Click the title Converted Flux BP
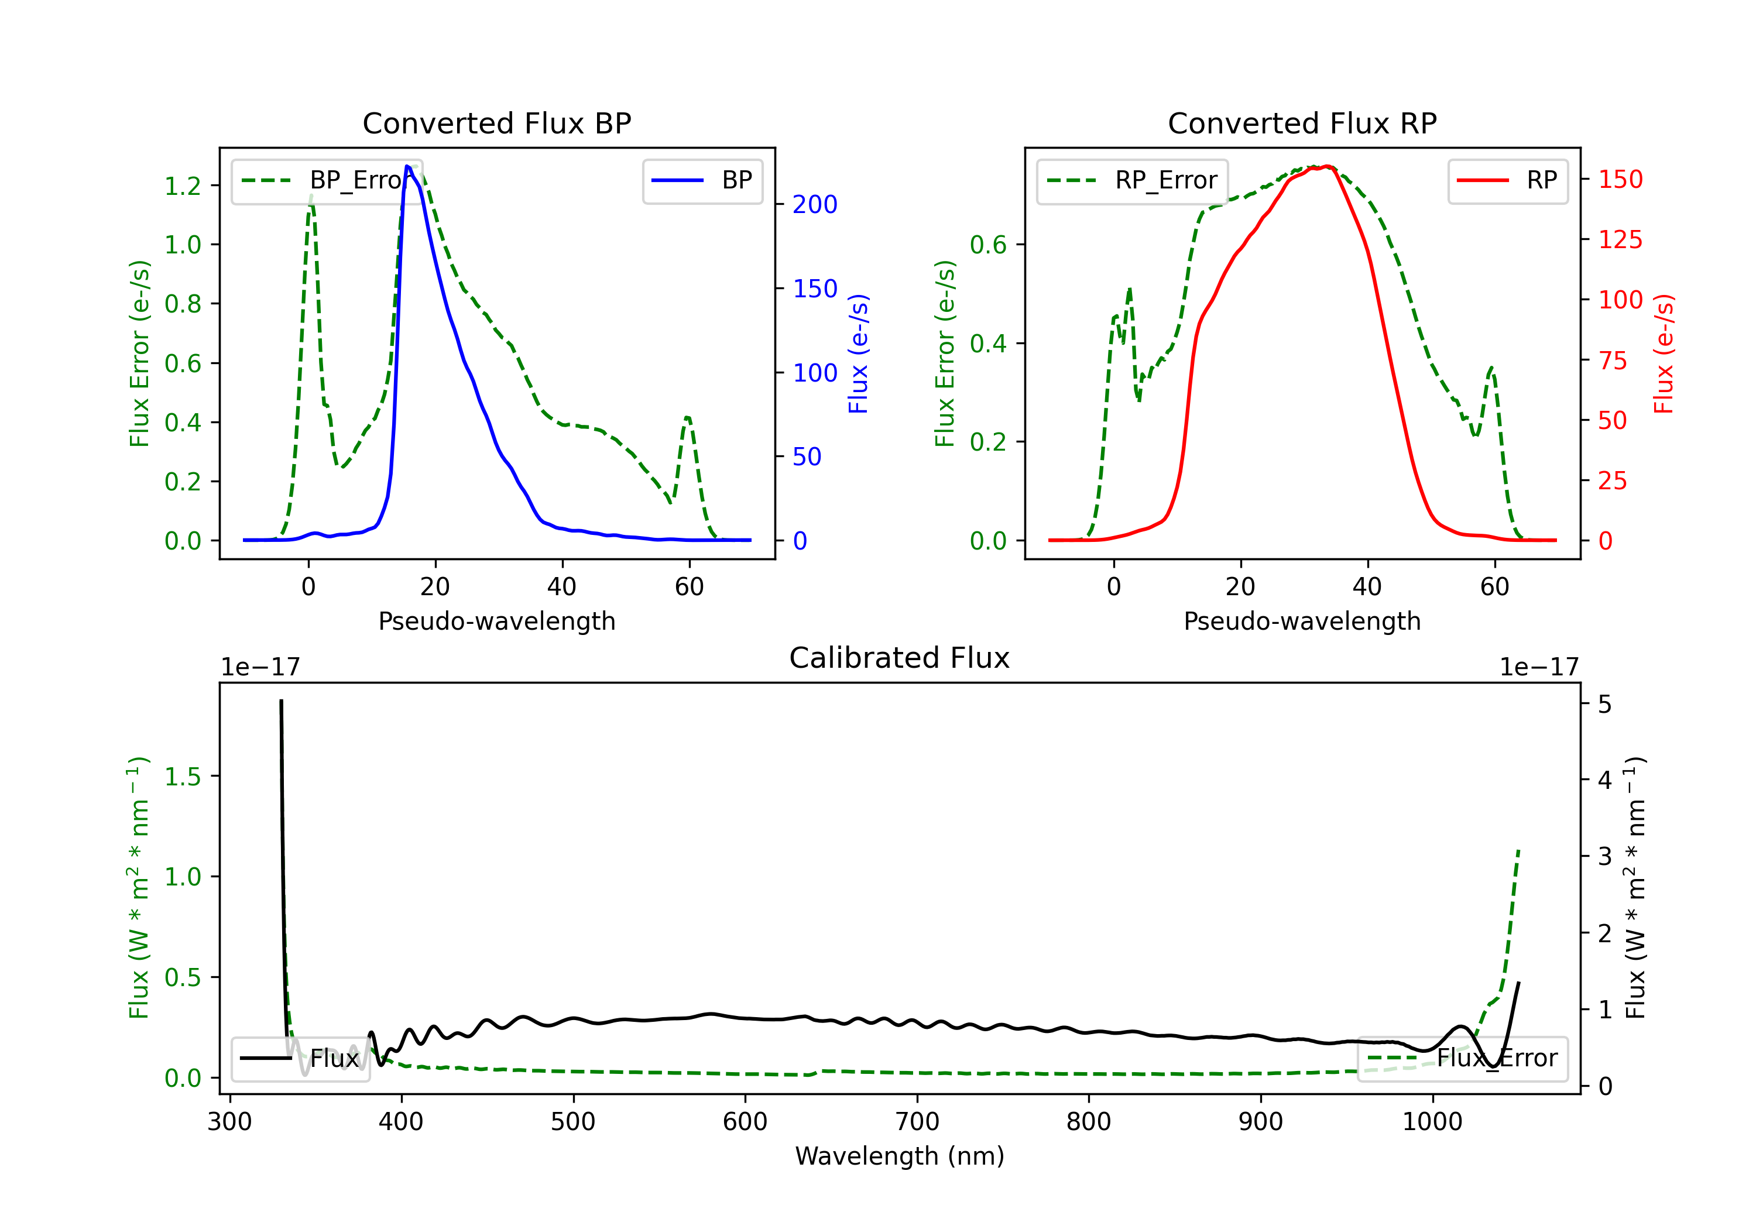pyautogui.click(x=496, y=123)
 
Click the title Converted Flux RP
pyautogui.click(x=1302, y=123)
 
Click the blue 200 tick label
pyautogui.click(x=815, y=204)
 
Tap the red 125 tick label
pyautogui.click(x=1620, y=239)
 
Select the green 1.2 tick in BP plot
pyautogui.click(x=183, y=186)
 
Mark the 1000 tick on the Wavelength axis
pyautogui.click(x=1432, y=1121)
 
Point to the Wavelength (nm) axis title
pyautogui.click(x=900, y=1156)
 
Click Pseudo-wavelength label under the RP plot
pyautogui.click(x=1302, y=621)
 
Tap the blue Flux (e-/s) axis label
pyautogui.click(x=858, y=353)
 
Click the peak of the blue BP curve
pyautogui.click(x=407, y=167)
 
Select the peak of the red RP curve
pyautogui.click(x=1327, y=167)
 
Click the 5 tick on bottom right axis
pyautogui.click(x=1604, y=705)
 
